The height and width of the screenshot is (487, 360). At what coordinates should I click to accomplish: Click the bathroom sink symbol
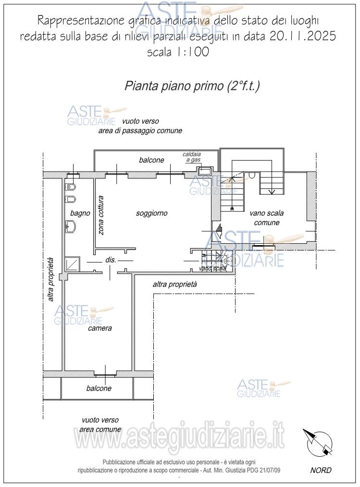coord(71,225)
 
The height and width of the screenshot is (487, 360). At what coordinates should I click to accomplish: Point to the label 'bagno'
coord(80,213)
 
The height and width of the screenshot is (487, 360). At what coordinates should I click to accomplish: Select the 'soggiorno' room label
coord(151,213)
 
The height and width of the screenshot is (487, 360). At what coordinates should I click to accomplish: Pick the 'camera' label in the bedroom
coord(99,328)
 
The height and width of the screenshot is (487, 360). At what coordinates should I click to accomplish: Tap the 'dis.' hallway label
coord(111,260)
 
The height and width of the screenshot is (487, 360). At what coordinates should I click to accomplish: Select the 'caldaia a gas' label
coord(191,157)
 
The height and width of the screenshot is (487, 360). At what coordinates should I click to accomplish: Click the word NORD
coord(321,470)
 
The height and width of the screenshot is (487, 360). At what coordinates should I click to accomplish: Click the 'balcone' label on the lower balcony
coord(99,388)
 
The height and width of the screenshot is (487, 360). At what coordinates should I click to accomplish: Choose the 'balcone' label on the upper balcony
coord(151,160)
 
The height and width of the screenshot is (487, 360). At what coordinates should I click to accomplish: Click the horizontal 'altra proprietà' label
coord(175,285)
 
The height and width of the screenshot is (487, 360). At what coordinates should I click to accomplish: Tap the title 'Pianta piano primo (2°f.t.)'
coord(192,86)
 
